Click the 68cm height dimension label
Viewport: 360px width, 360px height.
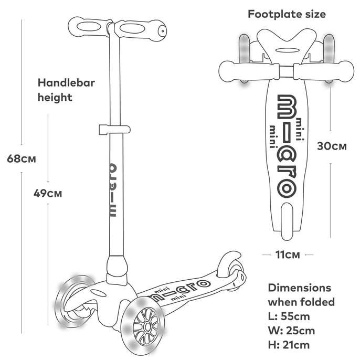point(22,158)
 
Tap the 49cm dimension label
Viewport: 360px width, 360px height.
point(48,193)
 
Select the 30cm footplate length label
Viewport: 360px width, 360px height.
point(332,146)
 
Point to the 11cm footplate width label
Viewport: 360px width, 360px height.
point(288,255)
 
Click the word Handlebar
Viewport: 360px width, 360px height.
point(66,83)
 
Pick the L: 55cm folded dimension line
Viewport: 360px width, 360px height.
point(289,316)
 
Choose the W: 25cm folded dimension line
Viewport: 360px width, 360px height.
point(291,331)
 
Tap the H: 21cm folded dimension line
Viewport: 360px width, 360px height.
point(289,345)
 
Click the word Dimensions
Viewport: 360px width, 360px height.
point(299,288)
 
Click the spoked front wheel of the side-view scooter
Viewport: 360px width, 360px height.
point(140,325)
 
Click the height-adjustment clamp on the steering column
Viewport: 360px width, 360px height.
point(114,130)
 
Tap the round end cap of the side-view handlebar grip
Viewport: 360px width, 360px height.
point(162,31)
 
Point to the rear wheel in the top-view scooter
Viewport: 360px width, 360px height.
point(287,221)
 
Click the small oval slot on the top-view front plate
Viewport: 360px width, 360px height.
point(287,50)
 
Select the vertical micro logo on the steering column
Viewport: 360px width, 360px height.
point(113,190)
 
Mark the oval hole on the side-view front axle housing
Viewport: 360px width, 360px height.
point(98,293)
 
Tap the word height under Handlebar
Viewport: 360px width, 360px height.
point(55,98)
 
